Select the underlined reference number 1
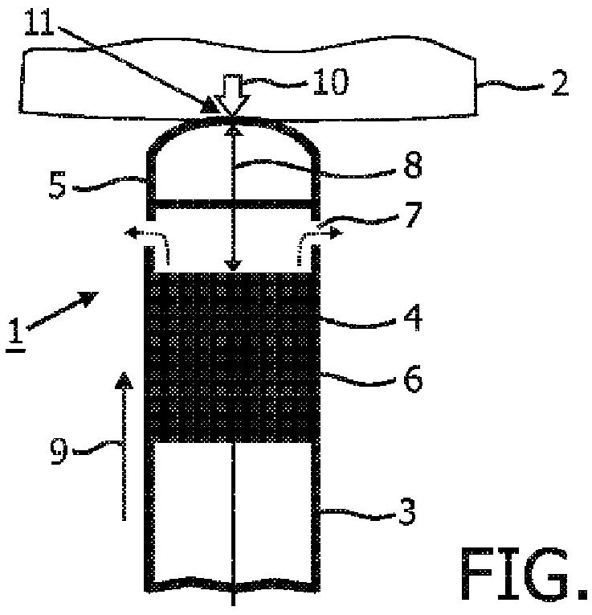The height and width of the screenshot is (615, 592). pos(17,330)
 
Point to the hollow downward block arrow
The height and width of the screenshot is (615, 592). pos(234,96)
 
